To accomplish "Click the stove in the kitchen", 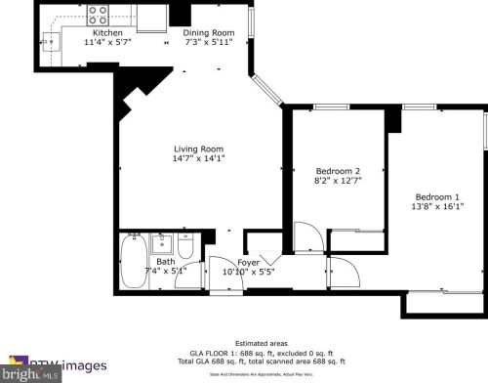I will coord(99,15).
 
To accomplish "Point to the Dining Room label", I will coord(208,32).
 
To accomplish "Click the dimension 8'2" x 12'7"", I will coord(331,181).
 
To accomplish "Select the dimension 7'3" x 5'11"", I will coord(208,42).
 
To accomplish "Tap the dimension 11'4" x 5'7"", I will coord(107,42).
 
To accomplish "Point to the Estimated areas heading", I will coord(243,342).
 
